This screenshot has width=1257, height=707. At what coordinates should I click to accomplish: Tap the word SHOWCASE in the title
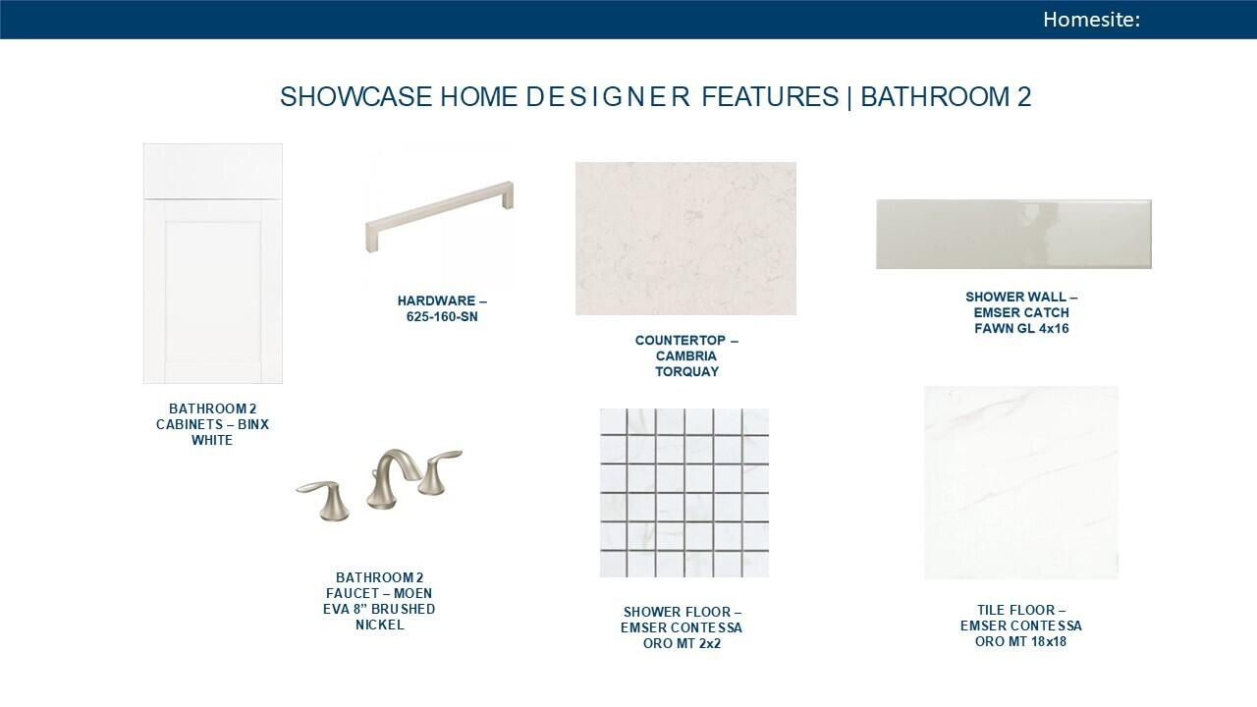click(x=355, y=96)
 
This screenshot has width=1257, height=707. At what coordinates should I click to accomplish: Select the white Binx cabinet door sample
click(x=213, y=264)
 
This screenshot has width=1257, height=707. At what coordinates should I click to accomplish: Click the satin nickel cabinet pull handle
click(x=439, y=216)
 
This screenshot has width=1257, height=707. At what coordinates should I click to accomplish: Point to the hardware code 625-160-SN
click(x=442, y=316)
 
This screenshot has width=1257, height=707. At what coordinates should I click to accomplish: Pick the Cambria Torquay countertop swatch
click(x=685, y=239)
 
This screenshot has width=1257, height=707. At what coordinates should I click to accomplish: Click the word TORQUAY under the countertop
click(x=686, y=371)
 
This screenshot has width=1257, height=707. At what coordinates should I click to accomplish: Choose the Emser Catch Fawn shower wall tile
click(x=1014, y=234)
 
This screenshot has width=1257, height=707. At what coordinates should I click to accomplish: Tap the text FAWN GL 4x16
click(x=1021, y=328)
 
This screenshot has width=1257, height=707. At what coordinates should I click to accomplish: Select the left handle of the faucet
click(x=324, y=500)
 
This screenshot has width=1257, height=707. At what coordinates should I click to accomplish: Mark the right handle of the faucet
click(x=440, y=470)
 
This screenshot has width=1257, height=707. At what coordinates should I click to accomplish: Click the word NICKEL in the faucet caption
click(x=379, y=625)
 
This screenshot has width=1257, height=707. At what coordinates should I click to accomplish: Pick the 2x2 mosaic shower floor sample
click(x=684, y=493)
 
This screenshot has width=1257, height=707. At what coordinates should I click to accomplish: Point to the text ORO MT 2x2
click(x=682, y=643)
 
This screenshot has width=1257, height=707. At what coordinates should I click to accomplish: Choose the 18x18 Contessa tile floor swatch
click(x=1021, y=482)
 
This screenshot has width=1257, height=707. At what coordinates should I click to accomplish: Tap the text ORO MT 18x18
click(x=1020, y=641)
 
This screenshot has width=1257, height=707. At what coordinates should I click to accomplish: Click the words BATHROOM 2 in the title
click(x=946, y=96)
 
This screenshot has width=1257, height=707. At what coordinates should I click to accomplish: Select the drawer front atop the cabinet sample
click(x=213, y=171)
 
